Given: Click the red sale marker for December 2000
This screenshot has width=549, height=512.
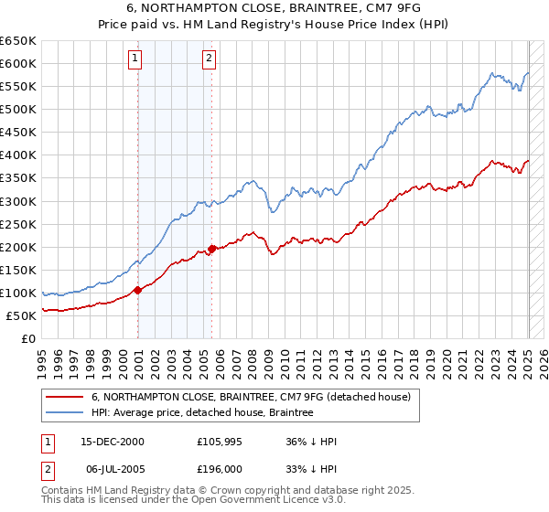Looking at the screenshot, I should [138, 290].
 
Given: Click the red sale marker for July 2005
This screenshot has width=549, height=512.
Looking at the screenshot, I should [211, 248].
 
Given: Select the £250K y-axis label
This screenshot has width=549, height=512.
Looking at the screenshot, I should [19, 224].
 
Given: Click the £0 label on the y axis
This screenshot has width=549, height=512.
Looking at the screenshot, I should [29, 338].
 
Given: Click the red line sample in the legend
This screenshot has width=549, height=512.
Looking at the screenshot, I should [65, 398].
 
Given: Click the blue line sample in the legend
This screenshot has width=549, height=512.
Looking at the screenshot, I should [65, 413].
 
